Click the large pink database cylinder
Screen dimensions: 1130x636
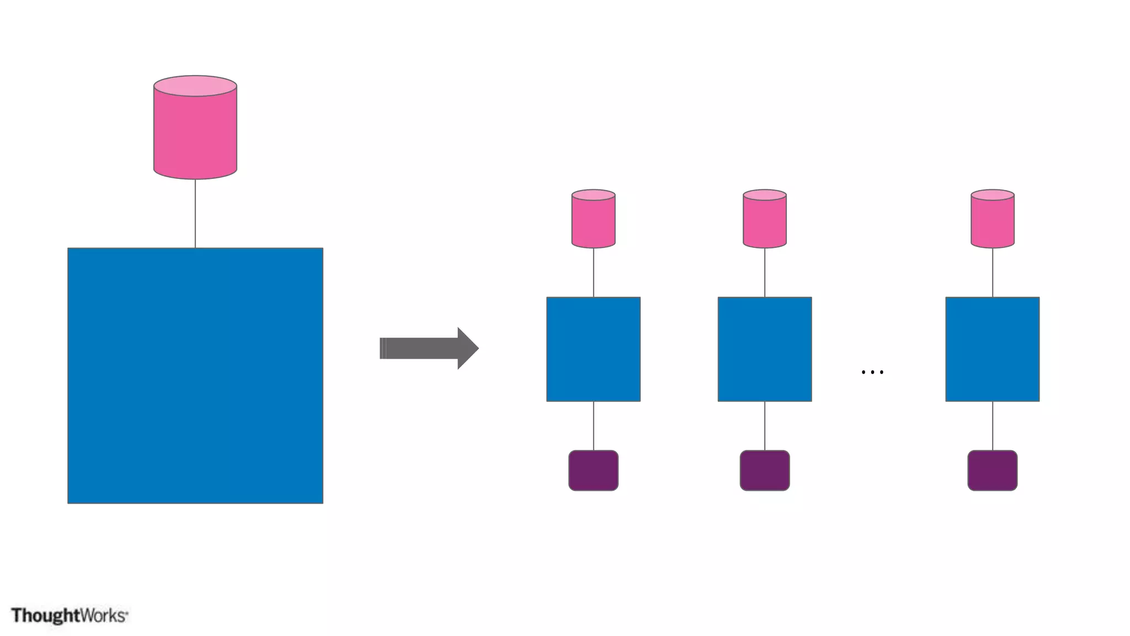pyautogui.click(x=195, y=132)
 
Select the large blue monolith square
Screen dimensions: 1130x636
pyautogui.click(x=195, y=375)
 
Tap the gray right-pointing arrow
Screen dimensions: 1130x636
pyautogui.click(x=425, y=348)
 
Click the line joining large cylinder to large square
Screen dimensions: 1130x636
pyautogui.click(x=195, y=214)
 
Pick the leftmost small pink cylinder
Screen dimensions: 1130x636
pyautogui.click(x=594, y=221)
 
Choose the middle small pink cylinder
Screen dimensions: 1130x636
pyautogui.click(x=765, y=221)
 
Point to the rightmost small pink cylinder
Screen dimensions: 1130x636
pyautogui.click(x=993, y=221)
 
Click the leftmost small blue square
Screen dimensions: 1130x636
pyautogui.click(x=594, y=349)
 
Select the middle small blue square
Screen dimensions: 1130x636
pyautogui.click(x=765, y=349)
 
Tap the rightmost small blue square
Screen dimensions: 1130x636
pyautogui.click(x=993, y=349)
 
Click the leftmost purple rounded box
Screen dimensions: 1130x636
pyautogui.click(x=594, y=470)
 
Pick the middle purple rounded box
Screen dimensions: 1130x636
pyautogui.click(x=765, y=470)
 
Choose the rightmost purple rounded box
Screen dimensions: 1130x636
pyautogui.click(x=993, y=470)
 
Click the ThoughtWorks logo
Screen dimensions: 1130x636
pyautogui.click(x=70, y=615)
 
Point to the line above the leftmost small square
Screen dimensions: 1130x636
pyautogui.click(x=594, y=273)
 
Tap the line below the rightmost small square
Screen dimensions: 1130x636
pyautogui.click(x=993, y=426)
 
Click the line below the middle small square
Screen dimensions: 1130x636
pyautogui.click(x=765, y=426)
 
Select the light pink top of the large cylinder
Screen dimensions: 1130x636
pyautogui.click(x=195, y=86)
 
